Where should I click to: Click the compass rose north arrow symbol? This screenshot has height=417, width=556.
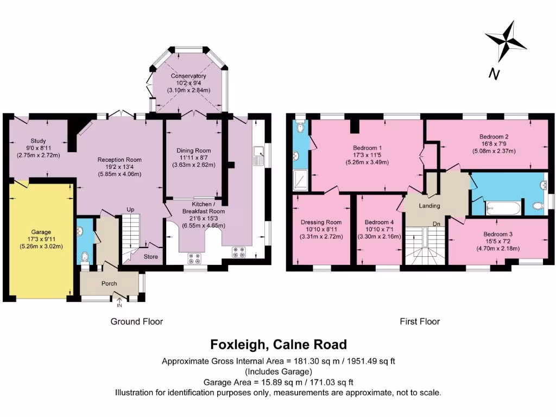pos(506,42)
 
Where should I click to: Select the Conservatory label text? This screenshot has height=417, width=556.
pos(188,76)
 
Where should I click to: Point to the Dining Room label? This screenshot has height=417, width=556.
pos(193,150)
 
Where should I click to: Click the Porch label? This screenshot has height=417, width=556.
pos(109,283)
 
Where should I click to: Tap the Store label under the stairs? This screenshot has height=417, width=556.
pos(151,257)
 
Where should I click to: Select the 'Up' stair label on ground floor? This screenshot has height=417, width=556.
pos(130,210)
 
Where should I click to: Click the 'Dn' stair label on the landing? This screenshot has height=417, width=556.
pos(436,224)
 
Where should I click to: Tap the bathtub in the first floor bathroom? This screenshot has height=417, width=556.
pos(503,207)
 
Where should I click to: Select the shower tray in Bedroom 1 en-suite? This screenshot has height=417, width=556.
pos(299,180)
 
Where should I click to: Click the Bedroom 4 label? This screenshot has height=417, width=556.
pos(379,222)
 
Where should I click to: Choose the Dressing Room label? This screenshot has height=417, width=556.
pos(321,222)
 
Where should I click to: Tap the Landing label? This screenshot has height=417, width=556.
pos(429,206)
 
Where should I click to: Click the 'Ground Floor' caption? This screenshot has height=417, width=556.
pos(137,321)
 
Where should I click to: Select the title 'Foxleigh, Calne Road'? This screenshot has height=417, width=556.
pos(278,344)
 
